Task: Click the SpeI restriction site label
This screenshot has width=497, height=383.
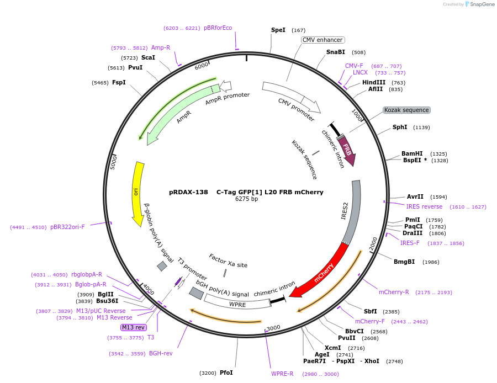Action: tap(278, 30)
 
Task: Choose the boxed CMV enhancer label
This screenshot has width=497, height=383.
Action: tap(323, 40)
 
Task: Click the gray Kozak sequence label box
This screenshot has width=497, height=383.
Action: tap(406, 110)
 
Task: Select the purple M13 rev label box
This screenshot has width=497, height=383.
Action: tap(134, 327)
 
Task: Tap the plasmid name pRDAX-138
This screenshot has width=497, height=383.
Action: tap(188, 192)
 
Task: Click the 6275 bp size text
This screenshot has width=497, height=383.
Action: tap(246, 199)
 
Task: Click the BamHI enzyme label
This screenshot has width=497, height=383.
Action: tap(412, 153)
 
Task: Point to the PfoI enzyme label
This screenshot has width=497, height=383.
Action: tap(226, 373)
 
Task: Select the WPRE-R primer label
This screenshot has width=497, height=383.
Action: tap(282, 374)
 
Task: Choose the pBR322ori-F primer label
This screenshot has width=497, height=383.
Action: tap(67, 227)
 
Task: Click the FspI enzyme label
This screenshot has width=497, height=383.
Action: tap(119, 82)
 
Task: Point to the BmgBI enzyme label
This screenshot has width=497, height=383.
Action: tap(404, 262)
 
